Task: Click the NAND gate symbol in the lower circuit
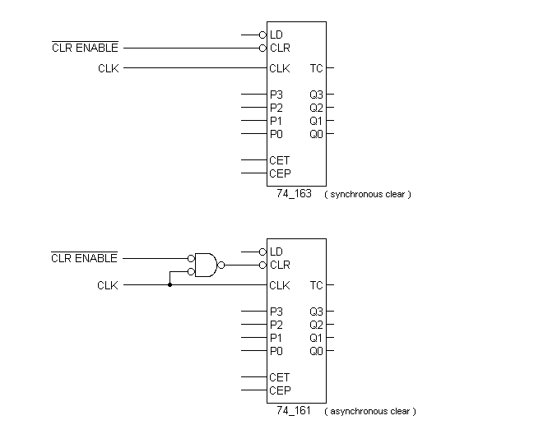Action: (206, 265)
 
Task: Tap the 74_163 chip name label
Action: (294, 194)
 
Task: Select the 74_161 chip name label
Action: (294, 411)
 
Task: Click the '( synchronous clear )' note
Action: (367, 195)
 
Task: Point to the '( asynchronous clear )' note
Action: (369, 411)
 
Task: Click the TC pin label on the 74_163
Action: (316, 68)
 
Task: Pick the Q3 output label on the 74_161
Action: (316, 312)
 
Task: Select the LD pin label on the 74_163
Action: (276, 35)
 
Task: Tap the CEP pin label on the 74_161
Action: (280, 390)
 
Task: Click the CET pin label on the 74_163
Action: (280, 160)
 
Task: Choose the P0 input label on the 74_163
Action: (276, 134)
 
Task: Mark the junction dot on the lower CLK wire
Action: (170, 285)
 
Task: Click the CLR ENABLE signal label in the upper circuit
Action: (84, 48)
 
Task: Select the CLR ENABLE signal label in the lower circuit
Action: (84, 258)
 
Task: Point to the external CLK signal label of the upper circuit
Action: (108, 68)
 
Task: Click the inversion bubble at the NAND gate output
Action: (221, 265)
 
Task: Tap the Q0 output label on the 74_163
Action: (316, 134)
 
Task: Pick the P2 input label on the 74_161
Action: (276, 325)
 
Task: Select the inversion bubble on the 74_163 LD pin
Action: (262, 35)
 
